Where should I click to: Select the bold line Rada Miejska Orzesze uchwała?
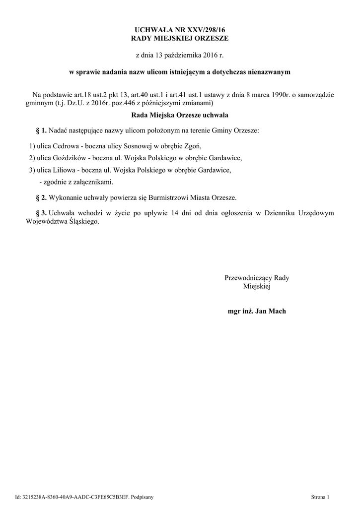pyautogui.click(x=179, y=115)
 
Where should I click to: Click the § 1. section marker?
pyautogui.click(x=41, y=130)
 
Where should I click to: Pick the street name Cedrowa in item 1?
pyautogui.click(x=66, y=146)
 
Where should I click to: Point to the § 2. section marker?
pyautogui.click(x=41, y=197)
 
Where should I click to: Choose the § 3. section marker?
pyautogui.click(x=41, y=213)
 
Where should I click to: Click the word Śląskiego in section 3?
pyautogui.click(x=83, y=222)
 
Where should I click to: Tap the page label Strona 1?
pyautogui.click(x=320, y=497)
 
